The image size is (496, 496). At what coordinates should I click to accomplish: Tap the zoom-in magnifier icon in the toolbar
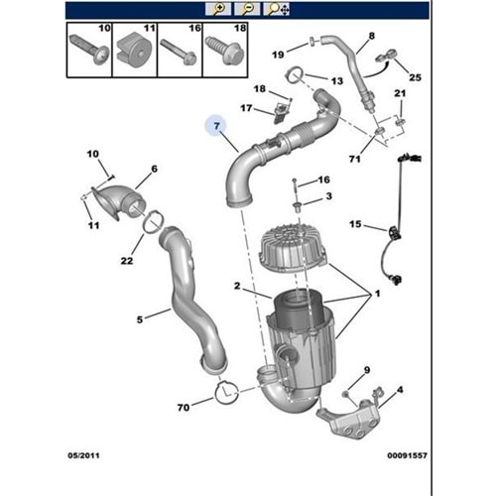click(219, 9)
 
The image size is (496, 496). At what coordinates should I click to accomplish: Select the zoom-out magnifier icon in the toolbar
click(244, 9)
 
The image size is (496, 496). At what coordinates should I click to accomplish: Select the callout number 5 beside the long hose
click(140, 318)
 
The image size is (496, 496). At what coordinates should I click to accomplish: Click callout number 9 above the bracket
click(367, 370)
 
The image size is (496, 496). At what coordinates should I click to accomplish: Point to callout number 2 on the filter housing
click(237, 287)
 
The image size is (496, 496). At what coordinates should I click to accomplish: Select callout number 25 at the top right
click(416, 76)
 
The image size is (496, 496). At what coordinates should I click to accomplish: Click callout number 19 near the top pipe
click(278, 53)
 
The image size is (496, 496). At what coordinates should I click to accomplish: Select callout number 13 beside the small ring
click(336, 80)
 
